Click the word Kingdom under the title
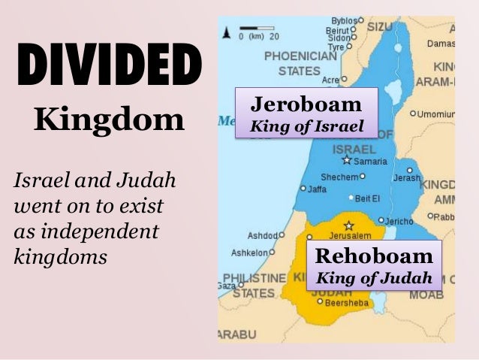pyautogui.click(x=109, y=119)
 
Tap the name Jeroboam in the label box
pyautogui.click(x=306, y=104)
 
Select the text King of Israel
pyautogui.click(x=306, y=126)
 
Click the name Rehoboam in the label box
pyautogui.click(x=373, y=254)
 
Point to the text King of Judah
pyautogui.click(x=373, y=277)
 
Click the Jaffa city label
pyautogui.click(x=317, y=189)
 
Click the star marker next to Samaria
pyautogui.click(x=346, y=160)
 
